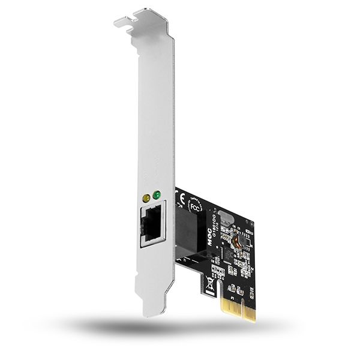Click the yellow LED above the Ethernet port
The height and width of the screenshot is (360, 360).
tap(145, 197)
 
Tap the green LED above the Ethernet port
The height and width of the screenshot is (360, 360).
tap(157, 196)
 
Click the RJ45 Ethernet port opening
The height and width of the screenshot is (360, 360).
tap(152, 224)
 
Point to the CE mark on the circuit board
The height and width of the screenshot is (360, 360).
tap(181, 199)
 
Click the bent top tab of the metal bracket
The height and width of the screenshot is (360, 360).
tap(141, 18)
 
